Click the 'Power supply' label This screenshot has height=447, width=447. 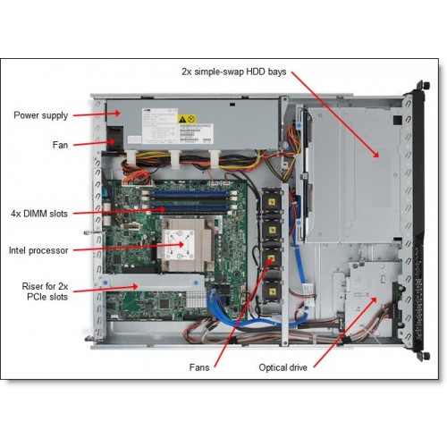pos(41,115)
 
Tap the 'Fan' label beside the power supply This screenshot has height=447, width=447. pos(60,145)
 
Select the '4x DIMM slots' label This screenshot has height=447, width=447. pos(39,214)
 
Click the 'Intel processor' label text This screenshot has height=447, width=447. pos(38,250)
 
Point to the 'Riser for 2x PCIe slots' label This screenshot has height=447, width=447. pos(45,291)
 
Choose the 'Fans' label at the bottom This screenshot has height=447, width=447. pos(199,367)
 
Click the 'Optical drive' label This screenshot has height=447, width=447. pos(283,367)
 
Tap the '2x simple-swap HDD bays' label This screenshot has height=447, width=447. pos(234,72)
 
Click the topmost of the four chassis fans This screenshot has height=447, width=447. pos(271,203)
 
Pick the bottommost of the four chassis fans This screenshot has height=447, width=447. pos(271,291)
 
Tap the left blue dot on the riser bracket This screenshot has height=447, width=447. pos(105,282)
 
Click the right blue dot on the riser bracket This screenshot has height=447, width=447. pos(196,283)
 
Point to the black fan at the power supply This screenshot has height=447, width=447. pos(115,139)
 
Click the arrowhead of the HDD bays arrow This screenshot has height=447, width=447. pos(376,154)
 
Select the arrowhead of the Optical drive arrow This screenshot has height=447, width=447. pos(374,299)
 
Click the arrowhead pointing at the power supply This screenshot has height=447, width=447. pos(117,114)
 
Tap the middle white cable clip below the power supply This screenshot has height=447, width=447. pos(175,159)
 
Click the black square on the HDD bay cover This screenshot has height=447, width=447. pos(397,120)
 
